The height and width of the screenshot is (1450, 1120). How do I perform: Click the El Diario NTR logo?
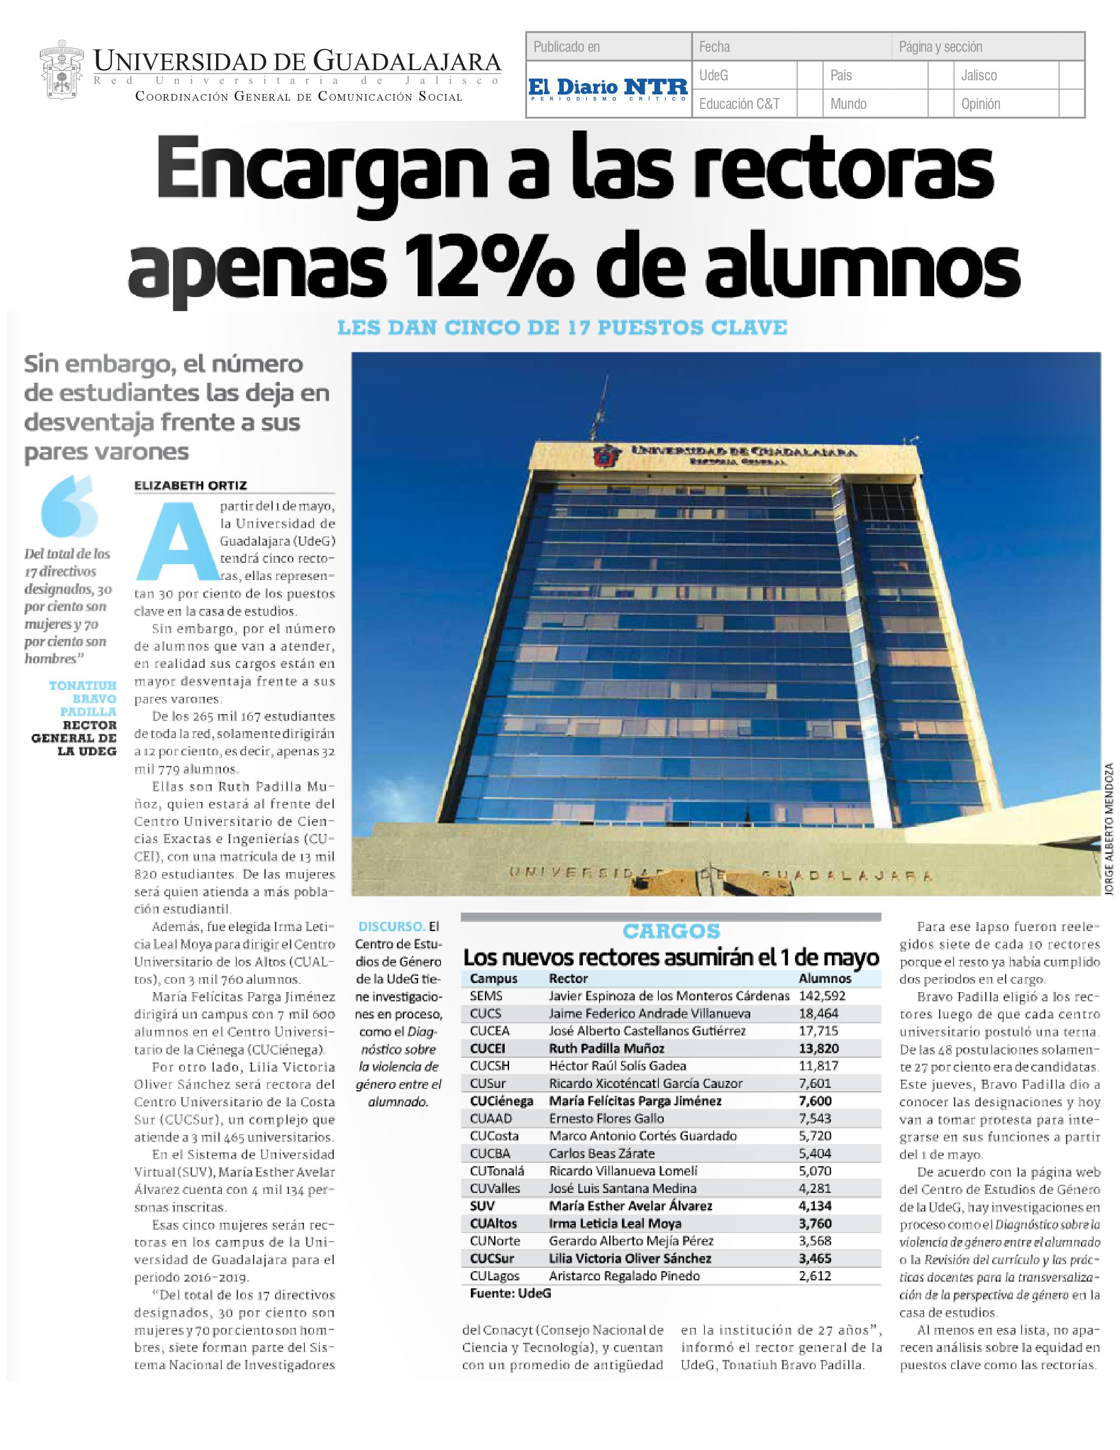608,88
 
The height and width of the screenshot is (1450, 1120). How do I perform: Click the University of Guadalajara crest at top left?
61,73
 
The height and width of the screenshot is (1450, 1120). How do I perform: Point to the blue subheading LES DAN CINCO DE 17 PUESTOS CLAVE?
562,328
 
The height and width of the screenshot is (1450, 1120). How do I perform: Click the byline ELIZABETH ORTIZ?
191,486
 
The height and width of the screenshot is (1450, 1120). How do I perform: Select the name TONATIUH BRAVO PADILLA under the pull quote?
83,699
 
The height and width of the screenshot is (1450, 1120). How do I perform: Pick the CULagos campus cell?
494,1276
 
